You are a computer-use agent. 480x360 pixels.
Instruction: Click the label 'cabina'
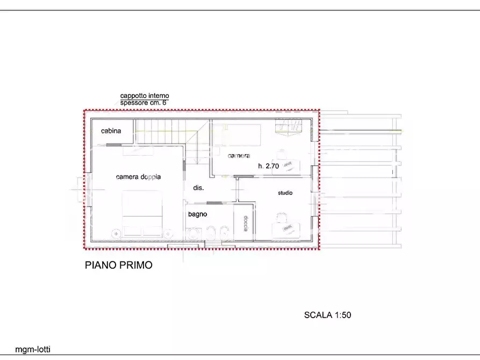[x=111, y=131]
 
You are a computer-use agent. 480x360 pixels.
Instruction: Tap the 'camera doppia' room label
[x=138, y=176]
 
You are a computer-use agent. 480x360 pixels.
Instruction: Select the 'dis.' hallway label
[x=198, y=188]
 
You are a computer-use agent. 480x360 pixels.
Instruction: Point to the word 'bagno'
[x=197, y=214]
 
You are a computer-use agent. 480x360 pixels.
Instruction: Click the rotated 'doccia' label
[x=246, y=223]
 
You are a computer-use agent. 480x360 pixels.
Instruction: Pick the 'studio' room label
[x=285, y=193]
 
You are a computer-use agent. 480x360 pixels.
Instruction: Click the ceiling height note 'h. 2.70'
[x=268, y=166]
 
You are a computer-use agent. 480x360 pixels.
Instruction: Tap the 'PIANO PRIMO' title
[x=119, y=265]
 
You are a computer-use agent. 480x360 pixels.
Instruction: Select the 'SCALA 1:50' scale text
[x=327, y=315]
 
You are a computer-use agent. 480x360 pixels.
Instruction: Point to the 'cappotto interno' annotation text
[x=144, y=96]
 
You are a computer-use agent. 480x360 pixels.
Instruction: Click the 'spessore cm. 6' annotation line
[x=144, y=102]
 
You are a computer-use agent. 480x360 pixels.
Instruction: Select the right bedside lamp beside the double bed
[x=169, y=233]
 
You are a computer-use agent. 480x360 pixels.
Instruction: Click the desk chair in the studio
[x=281, y=218]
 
